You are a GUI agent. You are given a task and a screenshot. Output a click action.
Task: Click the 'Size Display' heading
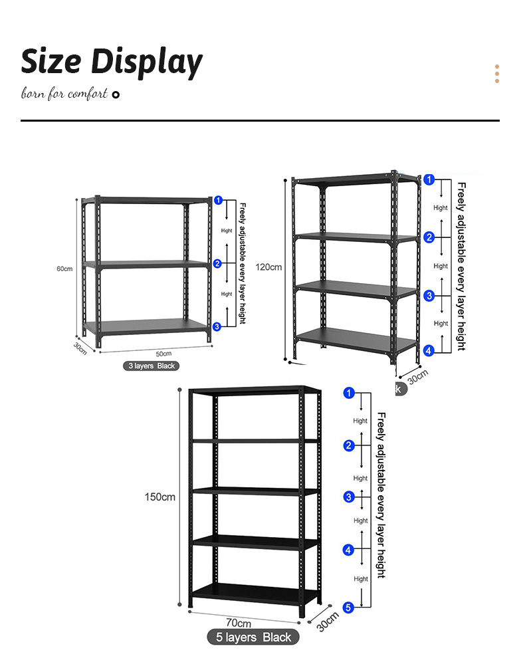click(112, 62)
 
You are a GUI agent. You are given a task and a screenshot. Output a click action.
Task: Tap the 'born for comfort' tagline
click(64, 94)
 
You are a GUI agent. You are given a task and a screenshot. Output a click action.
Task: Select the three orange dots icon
click(496, 74)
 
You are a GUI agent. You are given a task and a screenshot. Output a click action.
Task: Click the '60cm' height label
click(64, 269)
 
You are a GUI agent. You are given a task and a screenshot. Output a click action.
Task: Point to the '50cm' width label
click(163, 353)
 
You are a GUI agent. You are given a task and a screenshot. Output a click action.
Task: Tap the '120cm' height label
click(270, 267)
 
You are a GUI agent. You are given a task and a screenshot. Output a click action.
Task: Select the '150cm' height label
click(160, 497)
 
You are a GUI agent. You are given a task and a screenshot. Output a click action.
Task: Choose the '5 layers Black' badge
click(254, 637)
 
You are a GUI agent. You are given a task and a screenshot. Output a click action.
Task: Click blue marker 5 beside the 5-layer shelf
click(348, 607)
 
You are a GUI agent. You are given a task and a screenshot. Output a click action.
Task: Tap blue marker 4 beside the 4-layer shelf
click(429, 350)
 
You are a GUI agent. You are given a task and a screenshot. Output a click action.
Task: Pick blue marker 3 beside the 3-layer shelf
click(217, 326)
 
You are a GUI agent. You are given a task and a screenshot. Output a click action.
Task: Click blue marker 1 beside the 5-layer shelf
click(348, 393)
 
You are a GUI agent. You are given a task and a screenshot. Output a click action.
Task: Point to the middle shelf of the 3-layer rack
click(146, 264)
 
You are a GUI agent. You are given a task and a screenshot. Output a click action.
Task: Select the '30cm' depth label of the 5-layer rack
click(327, 621)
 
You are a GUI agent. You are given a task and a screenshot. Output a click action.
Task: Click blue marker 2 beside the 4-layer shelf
click(429, 237)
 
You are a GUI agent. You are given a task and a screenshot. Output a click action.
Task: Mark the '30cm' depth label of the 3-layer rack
click(80, 348)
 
